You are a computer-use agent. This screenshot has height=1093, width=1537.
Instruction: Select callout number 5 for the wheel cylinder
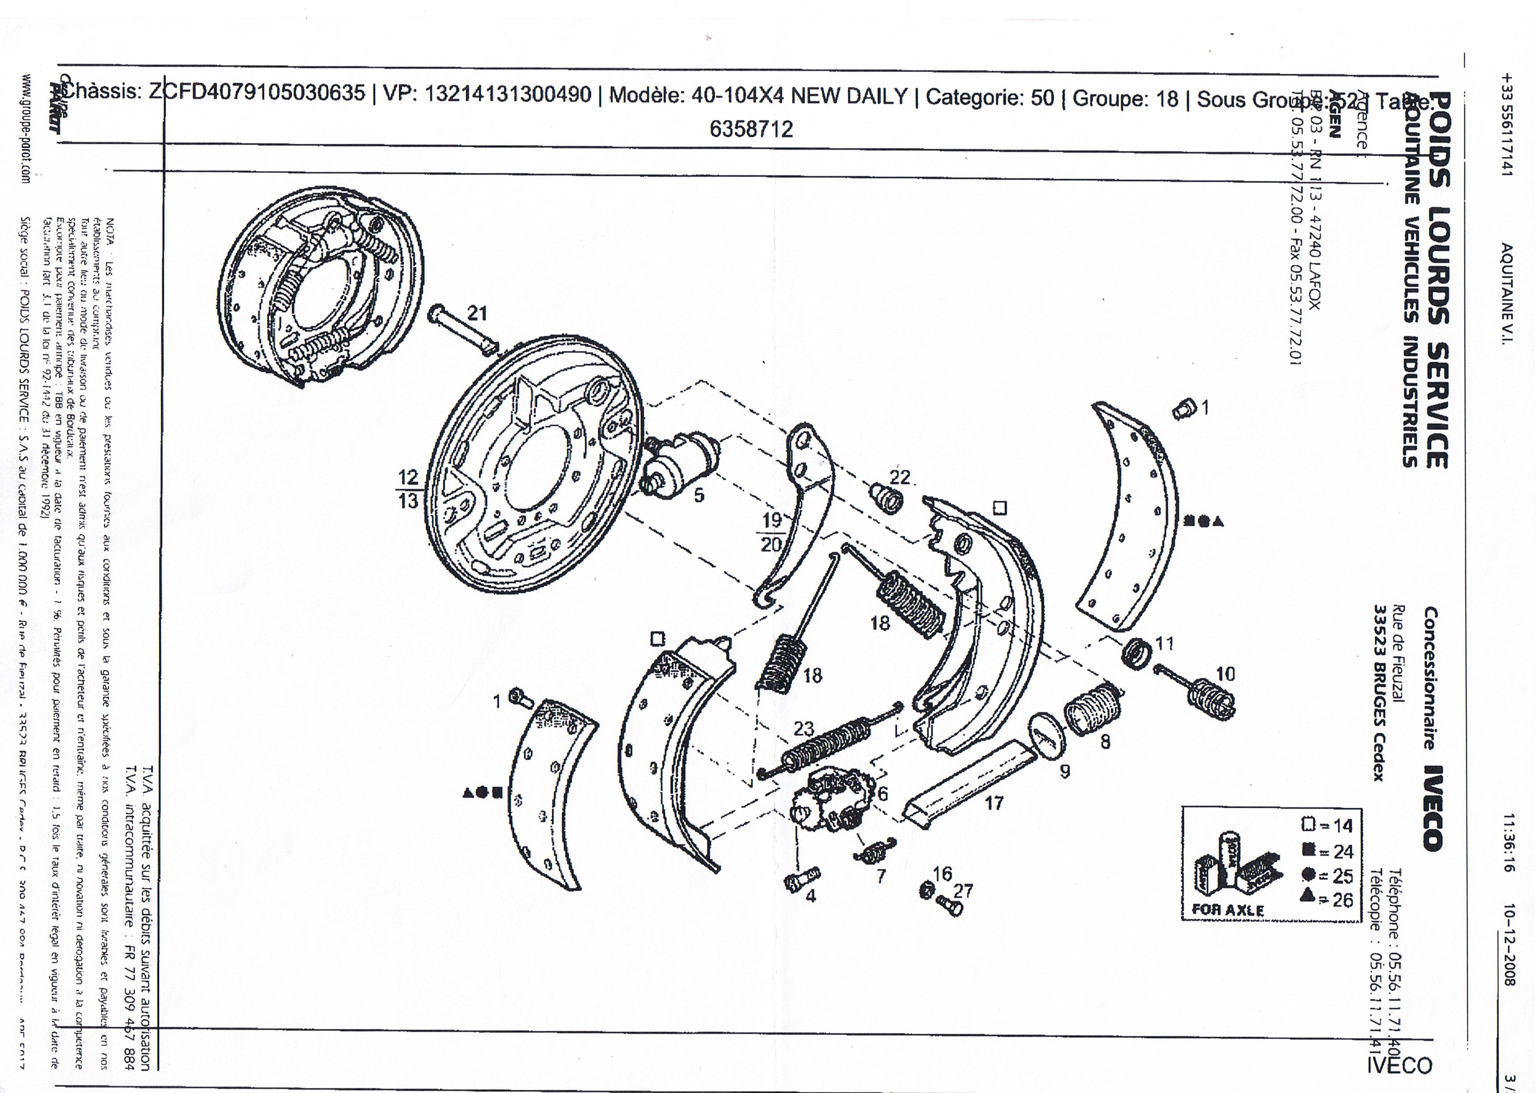coord(699,495)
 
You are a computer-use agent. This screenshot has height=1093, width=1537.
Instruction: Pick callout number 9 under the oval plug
coord(1064,771)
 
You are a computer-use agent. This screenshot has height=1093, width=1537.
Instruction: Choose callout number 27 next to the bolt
coord(963,891)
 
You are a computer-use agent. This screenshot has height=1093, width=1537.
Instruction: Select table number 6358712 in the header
coord(751,129)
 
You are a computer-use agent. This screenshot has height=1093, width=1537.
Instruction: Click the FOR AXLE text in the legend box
coord(1227,910)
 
